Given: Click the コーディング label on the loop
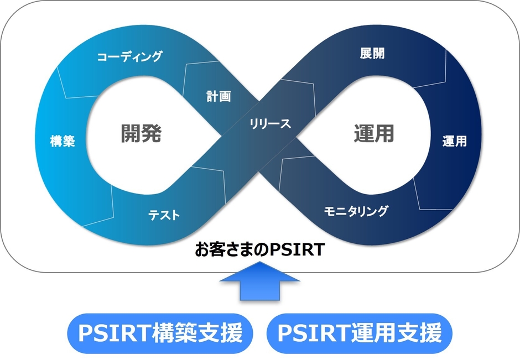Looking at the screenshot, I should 129,56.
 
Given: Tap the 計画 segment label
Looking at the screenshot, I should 219,96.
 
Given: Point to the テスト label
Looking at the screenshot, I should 164,215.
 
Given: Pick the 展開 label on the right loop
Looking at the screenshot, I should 372,54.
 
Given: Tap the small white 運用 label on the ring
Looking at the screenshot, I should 454,141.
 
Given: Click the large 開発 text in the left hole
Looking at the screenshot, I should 141,133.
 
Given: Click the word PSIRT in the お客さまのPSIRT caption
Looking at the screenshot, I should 298,251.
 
